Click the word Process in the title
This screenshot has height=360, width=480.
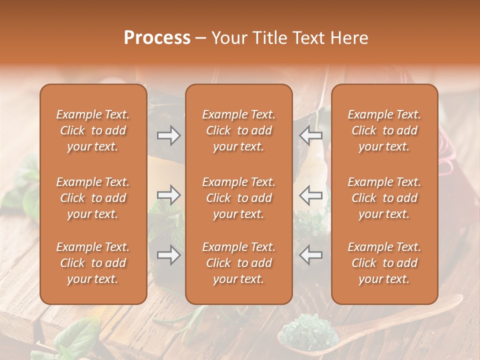pyautogui.click(x=157, y=38)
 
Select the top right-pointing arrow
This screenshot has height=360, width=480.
pyautogui.click(x=169, y=135)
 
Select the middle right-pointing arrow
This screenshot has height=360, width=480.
pyautogui.click(x=169, y=195)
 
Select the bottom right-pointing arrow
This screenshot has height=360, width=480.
pyautogui.click(x=169, y=255)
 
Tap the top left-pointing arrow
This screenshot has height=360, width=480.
pyautogui.click(x=310, y=135)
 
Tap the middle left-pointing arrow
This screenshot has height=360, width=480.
pyautogui.click(x=310, y=195)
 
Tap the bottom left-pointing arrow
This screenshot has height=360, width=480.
pyautogui.click(x=310, y=255)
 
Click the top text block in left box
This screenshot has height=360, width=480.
pyautogui.click(x=93, y=130)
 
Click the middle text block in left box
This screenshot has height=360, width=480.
pyautogui.click(x=93, y=198)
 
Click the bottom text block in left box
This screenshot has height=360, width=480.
pyautogui.click(x=93, y=263)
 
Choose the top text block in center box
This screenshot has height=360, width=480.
pyautogui.click(x=238, y=130)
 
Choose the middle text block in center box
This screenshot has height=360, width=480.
pyautogui.click(x=238, y=198)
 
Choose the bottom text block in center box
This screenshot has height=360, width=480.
pyautogui.click(x=238, y=263)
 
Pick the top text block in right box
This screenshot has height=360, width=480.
pyautogui.click(x=384, y=130)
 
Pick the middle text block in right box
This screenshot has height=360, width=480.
pyautogui.click(x=384, y=198)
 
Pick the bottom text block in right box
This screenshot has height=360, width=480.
pyautogui.click(x=384, y=263)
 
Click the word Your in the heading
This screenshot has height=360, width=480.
pyautogui.click(x=228, y=38)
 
